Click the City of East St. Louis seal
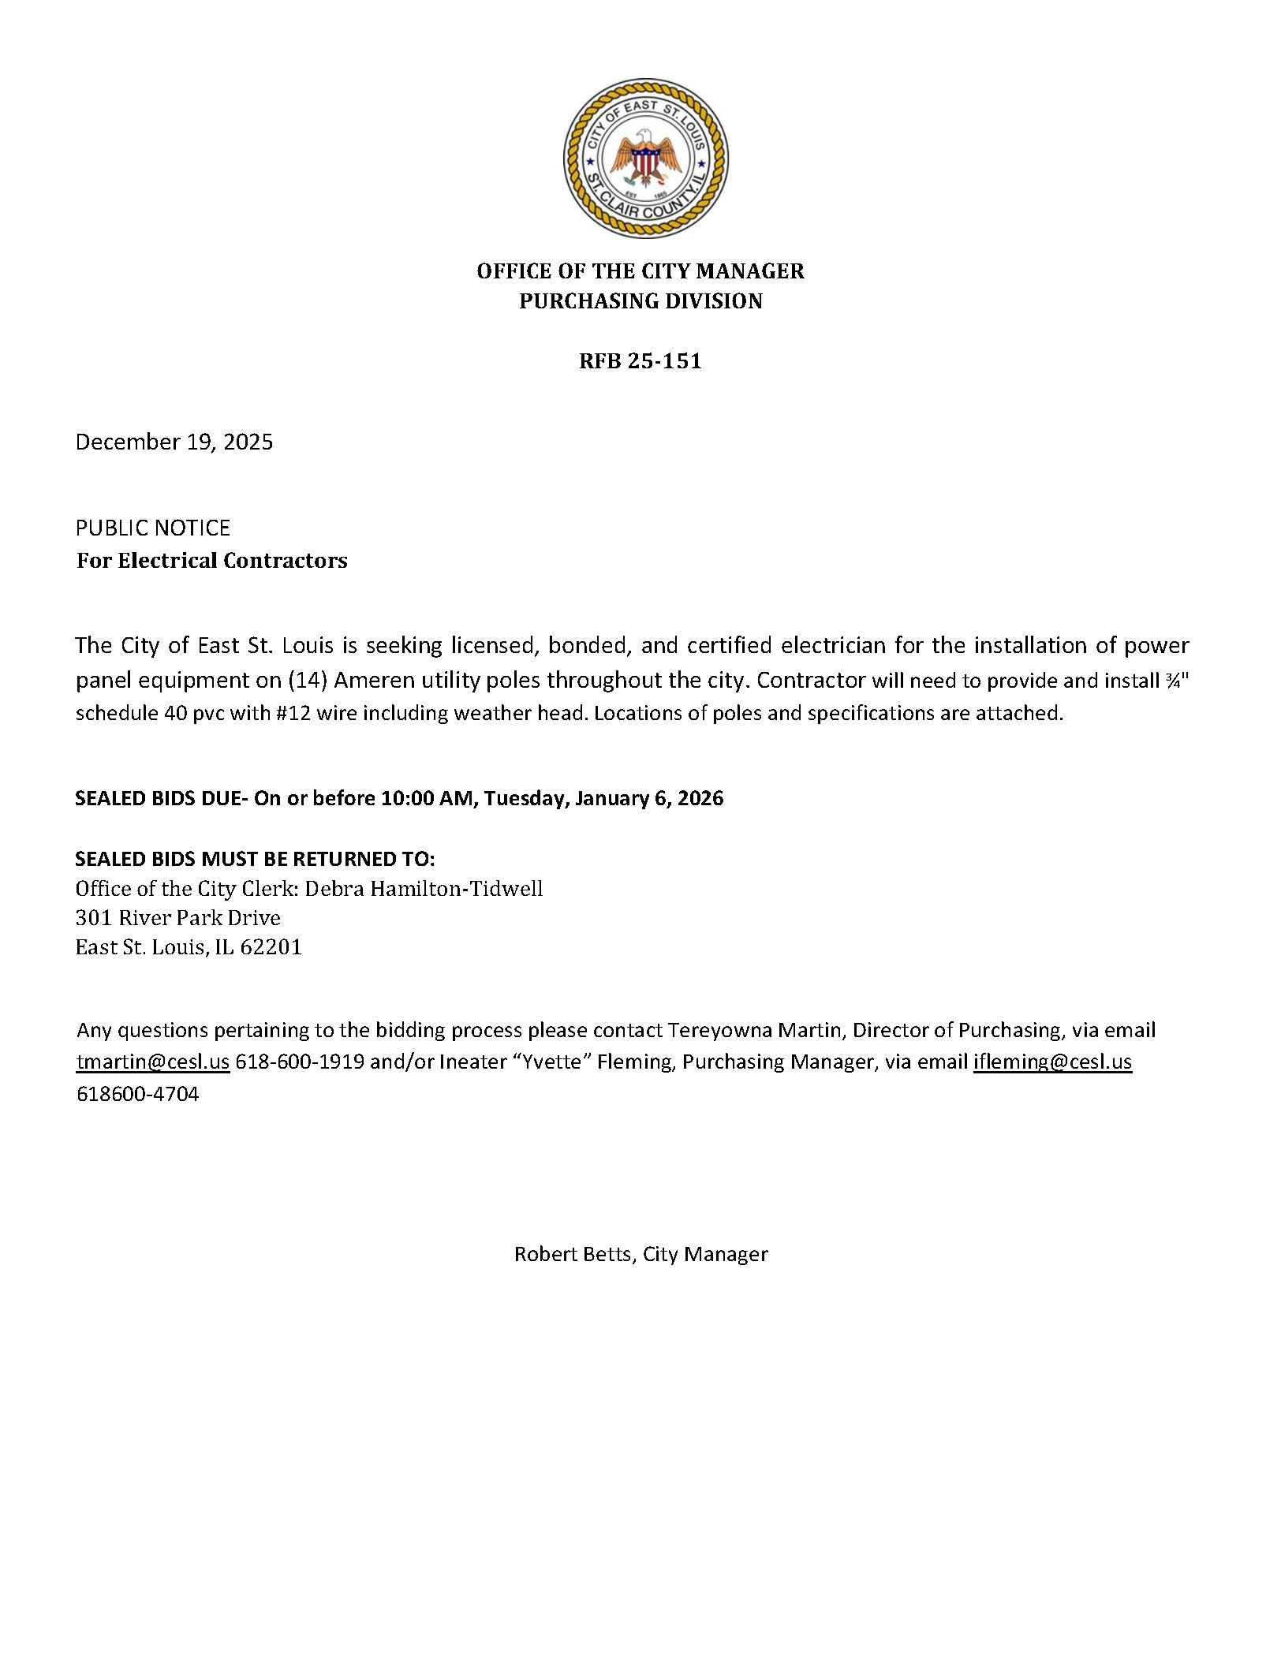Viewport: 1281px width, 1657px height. (645, 159)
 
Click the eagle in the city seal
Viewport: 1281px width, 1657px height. (646, 158)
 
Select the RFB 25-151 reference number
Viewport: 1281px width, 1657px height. (640, 361)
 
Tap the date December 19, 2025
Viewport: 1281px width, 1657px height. (174, 442)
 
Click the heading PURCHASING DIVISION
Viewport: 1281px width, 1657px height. (640, 301)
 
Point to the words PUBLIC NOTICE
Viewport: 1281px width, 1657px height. (153, 528)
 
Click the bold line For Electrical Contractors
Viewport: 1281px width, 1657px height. (212, 561)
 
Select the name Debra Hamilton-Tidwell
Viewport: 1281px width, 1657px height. (424, 889)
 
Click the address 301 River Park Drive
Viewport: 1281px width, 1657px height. (178, 918)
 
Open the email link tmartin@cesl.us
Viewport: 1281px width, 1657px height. (153, 1062)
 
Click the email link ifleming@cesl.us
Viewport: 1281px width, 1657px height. (1052, 1062)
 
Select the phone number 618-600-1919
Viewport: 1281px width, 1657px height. (300, 1062)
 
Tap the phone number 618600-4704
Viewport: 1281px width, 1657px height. (138, 1094)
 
